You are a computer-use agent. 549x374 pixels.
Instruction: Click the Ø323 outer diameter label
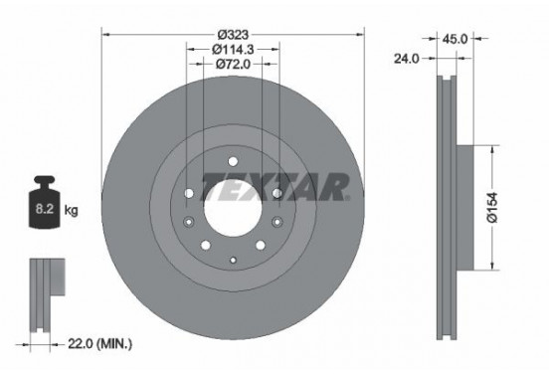[x=233, y=31]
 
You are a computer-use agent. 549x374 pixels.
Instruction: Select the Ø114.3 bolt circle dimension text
[x=233, y=47]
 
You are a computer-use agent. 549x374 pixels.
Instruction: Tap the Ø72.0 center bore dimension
[x=233, y=63]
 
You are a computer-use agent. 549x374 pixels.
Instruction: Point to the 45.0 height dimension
[x=455, y=39]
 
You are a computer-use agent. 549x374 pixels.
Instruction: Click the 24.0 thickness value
[x=405, y=58]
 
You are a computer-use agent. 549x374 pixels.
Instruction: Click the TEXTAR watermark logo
[x=275, y=186]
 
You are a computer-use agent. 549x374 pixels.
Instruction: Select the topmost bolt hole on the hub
[x=233, y=161]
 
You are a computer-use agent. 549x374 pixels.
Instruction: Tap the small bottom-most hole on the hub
[x=233, y=260]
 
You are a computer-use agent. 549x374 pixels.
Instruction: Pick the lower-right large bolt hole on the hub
[x=261, y=244]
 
